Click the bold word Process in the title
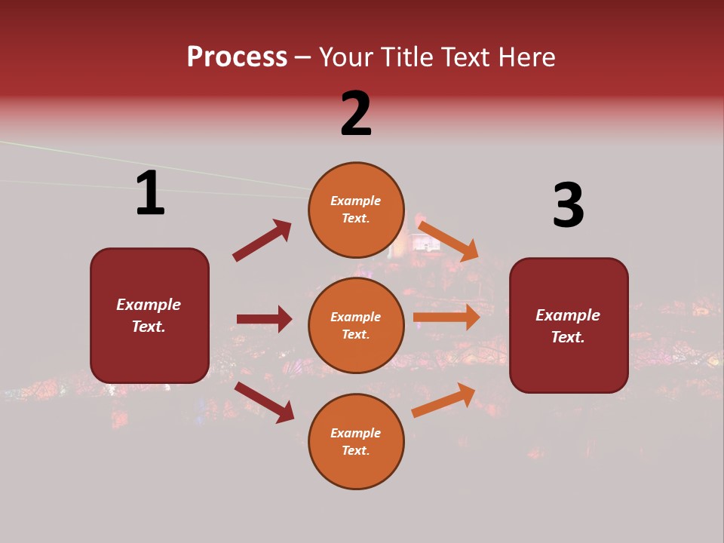(x=237, y=57)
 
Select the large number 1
(x=150, y=194)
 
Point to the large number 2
(x=356, y=115)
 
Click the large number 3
(x=568, y=205)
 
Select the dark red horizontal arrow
(x=264, y=319)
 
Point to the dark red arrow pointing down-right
(x=265, y=402)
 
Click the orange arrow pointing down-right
(x=448, y=241)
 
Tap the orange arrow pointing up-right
(x=443, y=400)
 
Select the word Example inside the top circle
(x=356, y=201)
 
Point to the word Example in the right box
(x=568, y=315)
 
